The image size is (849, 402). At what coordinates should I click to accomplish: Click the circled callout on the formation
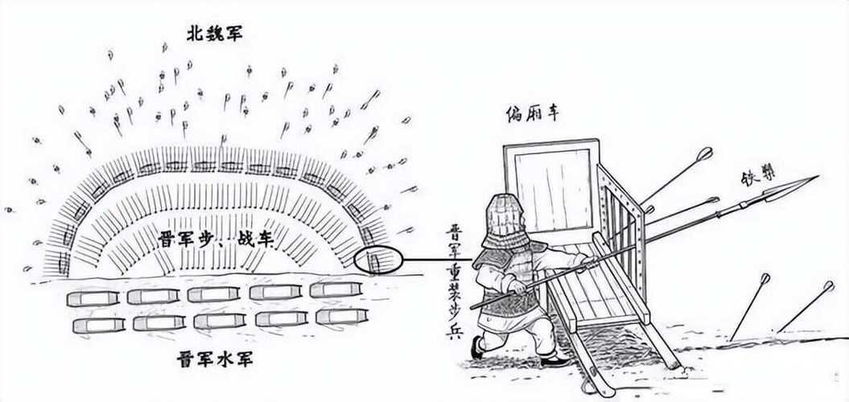pos(377,260)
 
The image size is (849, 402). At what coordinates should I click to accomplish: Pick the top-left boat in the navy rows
pos(92,298)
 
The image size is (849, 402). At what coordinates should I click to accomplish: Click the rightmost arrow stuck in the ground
pos(805,306)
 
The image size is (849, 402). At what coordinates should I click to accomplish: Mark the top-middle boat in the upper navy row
pos(213,294)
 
